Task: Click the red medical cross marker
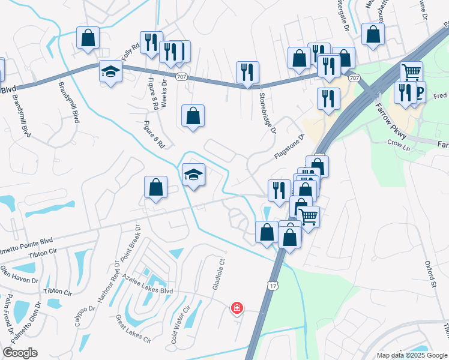[237, 308]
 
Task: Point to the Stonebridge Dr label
[267, 113]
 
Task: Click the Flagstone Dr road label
[290, 146]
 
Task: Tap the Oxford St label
[429, 273]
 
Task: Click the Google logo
[20, 353]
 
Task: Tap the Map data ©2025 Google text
[411, 355]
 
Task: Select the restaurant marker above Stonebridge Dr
[247, 73]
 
